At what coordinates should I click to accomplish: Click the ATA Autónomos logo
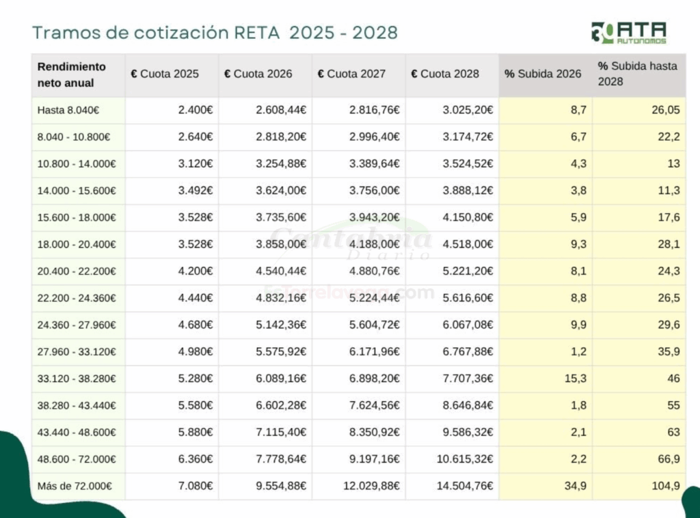pos(628,33)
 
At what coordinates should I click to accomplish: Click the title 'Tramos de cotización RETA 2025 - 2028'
pos(215,32)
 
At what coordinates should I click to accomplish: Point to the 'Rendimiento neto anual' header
pos(72,74)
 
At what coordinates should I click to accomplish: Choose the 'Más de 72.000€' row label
pos(74,486)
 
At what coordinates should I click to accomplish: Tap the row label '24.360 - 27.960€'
pos(77,325)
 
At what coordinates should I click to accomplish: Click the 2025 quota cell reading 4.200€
pos(195,271)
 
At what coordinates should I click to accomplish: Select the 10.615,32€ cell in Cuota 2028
pos(465,459)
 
